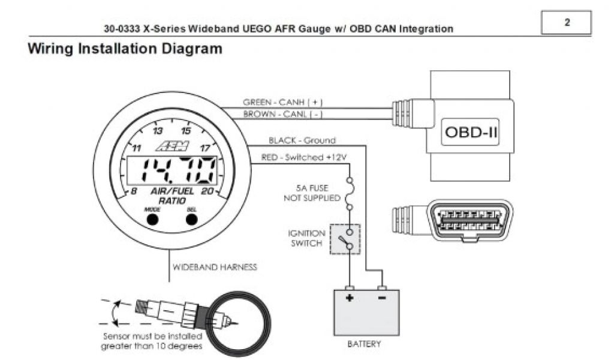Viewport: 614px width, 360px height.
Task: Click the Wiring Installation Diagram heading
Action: coord(125,49)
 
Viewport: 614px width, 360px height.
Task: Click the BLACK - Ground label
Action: coord(302,140)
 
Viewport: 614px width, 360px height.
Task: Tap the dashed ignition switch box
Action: coord(345,238)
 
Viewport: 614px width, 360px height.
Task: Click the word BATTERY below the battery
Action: coord(364,344)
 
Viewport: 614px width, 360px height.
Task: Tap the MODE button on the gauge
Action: coord(152,219)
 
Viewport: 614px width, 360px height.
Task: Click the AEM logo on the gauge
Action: coord(172,146)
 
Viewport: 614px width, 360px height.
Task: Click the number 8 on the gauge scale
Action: coord(134,191)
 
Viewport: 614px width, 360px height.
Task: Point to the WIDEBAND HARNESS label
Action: coord(215,267)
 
